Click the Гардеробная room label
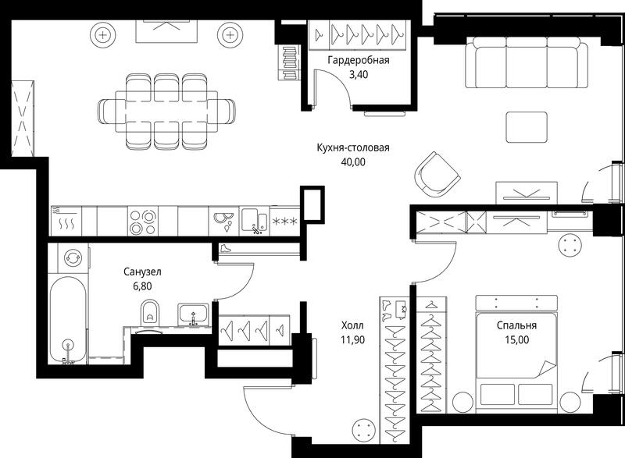(359, 61)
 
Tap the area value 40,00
(353, 162)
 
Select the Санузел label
(142, 272)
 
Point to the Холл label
(352, 325)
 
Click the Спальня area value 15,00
(516, 340)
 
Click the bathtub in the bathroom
(68, 321)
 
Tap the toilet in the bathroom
(150, 312)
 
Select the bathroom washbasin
(193, 314)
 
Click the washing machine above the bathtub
(73, 257)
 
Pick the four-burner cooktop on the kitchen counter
(143, 222)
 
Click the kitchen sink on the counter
(255, 222)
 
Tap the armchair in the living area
(437, 175)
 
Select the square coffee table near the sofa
(527, 127)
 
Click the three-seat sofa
(527, 62)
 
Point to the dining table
(166, 112)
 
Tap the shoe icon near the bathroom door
(226, 249)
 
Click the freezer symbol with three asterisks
(284, 222)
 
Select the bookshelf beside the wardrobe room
(288, 62)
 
